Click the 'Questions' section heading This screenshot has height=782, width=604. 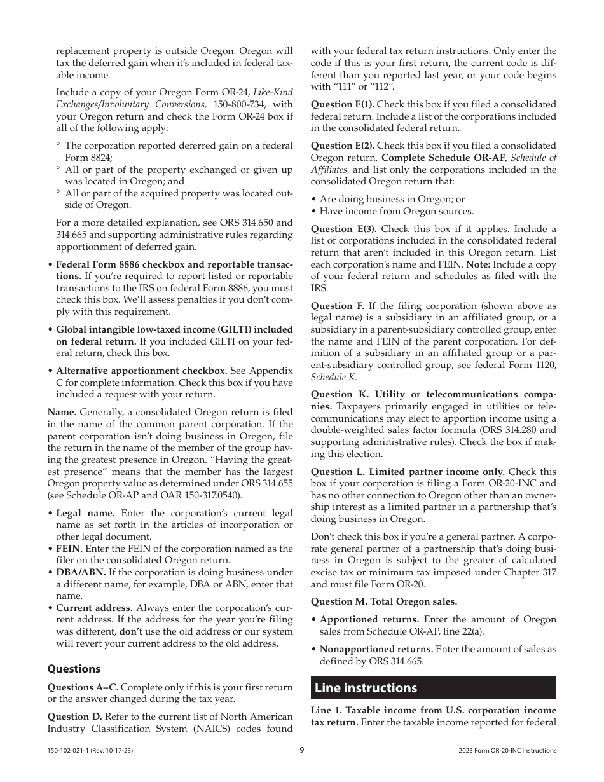click(x=74, y=669)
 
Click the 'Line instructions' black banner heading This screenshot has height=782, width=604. click(x=366, y=688)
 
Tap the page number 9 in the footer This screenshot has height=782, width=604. click(x=302, y=750)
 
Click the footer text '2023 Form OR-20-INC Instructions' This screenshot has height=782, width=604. click(x=507, y=751)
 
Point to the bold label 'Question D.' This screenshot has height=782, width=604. click(x=74, y=717)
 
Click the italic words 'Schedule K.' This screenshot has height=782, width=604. click(x=333, y=377)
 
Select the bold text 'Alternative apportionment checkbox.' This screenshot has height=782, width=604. click(x=141, y=371)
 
